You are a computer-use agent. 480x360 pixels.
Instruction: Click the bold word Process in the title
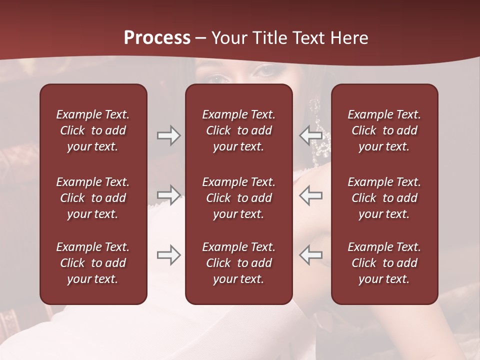(x=157, y=38)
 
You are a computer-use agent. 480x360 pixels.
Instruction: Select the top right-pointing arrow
(x=168, y=135)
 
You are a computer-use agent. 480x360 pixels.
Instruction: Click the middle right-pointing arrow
(x=168, y=194)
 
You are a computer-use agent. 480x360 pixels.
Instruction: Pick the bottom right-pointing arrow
(x=168, y=255)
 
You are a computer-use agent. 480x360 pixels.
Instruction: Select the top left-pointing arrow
(x=310, y=135)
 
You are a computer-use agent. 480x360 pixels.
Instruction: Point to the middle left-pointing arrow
(x=310, y=194)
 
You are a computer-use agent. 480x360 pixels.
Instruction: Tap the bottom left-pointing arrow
(x=310, y=255)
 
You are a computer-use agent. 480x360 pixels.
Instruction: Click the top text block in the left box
(x=93, y=130)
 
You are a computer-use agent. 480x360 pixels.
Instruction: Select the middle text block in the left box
(x=93, y=198)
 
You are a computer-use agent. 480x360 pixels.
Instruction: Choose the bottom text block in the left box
(x=93, y=263)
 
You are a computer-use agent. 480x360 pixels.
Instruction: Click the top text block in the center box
(x=238, y=130)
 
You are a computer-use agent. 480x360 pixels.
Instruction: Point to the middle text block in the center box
(x=238, y=198)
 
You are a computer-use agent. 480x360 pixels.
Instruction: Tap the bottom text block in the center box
(x=238, y=263)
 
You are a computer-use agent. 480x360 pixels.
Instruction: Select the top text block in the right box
(x=384, y=130)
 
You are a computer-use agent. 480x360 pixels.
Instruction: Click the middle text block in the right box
(x=384, y=198)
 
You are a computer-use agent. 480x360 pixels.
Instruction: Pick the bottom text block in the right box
(x=384, y=263)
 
